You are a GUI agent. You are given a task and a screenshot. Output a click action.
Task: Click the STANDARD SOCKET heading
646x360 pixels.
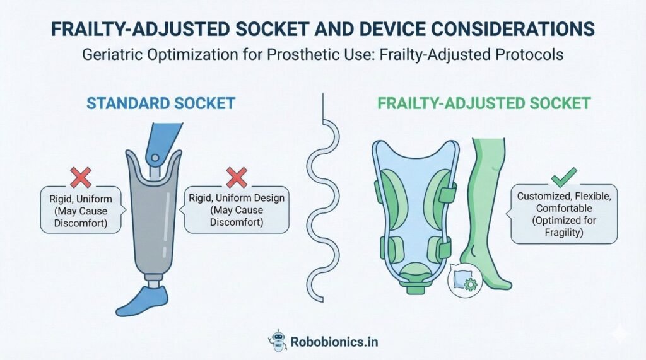(x=161, y=103)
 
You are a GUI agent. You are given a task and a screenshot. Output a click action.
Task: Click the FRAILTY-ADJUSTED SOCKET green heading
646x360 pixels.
(x=484, y=103)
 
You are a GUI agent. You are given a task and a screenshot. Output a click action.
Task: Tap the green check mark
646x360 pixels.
(x=563, y=177)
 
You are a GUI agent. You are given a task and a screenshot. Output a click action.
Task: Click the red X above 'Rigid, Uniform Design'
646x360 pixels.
(x=237, y=177)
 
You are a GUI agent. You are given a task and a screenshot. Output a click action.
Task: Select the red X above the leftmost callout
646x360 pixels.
(x=81, y=177)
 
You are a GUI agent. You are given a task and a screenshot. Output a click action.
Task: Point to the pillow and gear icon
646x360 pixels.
(x=465, y=281)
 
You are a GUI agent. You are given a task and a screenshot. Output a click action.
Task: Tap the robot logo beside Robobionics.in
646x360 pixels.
(x=278, y=340)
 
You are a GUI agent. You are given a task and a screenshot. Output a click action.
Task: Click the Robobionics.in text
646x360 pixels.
(x=334, y=342)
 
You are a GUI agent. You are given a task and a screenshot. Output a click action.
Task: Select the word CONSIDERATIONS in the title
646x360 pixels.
(x=496, y=29)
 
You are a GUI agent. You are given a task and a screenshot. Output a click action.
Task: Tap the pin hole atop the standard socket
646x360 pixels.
(x=155, y=158)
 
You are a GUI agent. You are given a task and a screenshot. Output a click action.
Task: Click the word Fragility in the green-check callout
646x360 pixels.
(x=563, y=232)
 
